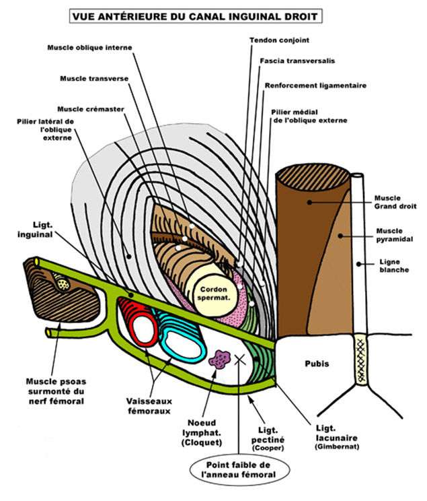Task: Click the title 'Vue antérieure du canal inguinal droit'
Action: point(214,13)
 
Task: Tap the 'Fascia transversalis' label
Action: point(297,61)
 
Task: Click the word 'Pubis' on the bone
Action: point(315,364)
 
